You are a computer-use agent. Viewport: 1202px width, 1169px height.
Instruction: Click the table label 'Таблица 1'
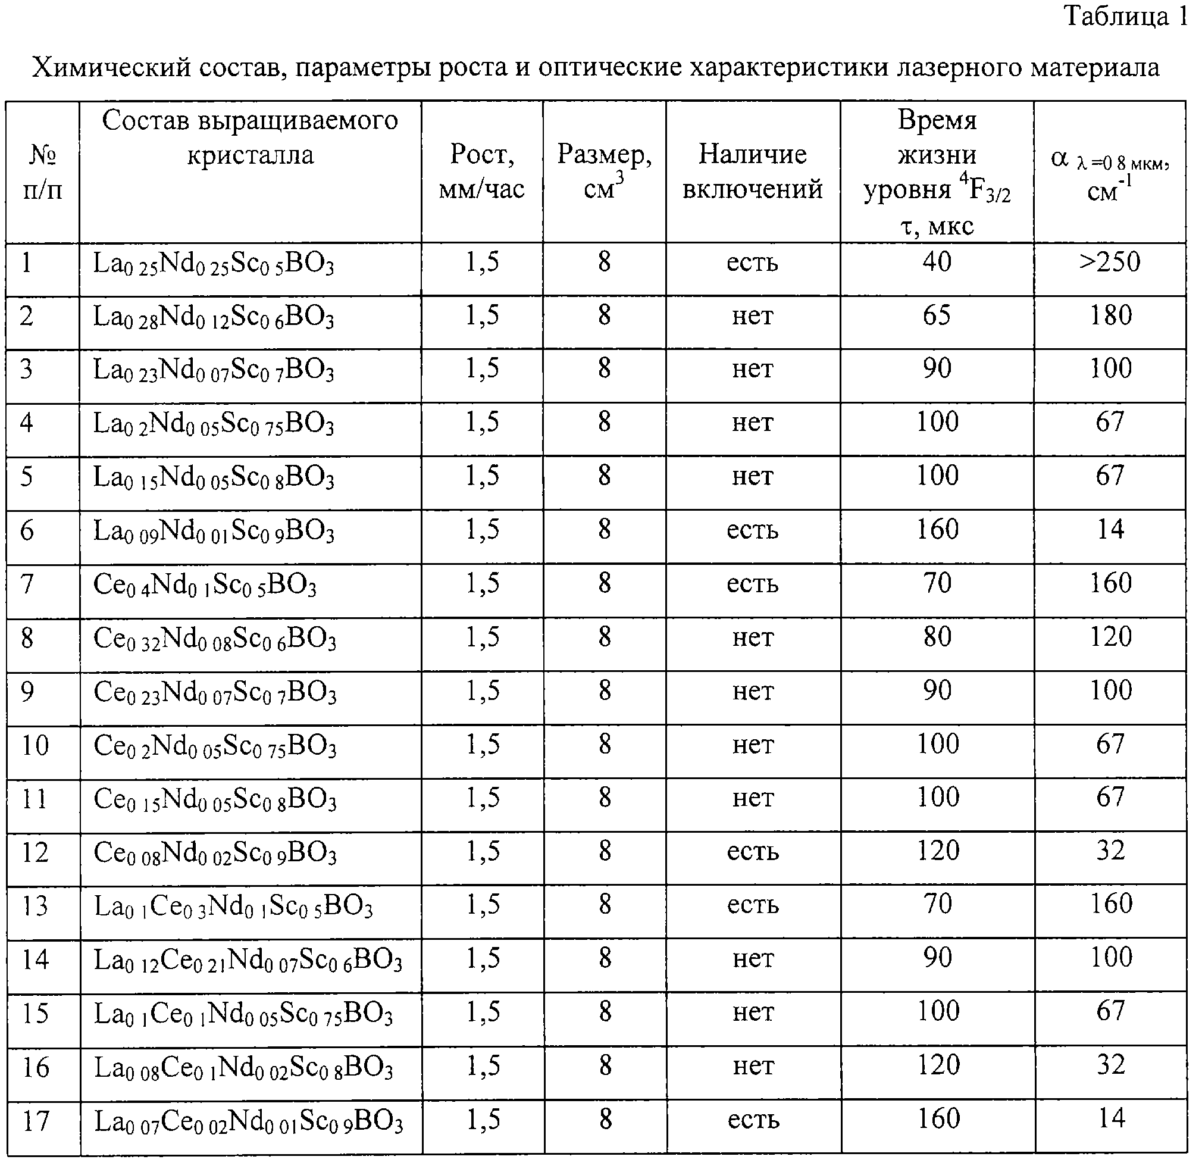(x=1126, y=16)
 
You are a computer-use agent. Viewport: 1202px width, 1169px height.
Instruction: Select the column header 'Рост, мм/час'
(x=481, y=171)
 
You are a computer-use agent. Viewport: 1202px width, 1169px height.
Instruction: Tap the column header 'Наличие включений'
(x=752, y=171)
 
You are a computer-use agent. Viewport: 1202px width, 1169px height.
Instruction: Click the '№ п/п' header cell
(x=42, y=173)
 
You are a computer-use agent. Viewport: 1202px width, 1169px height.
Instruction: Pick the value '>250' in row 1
(x=1109, y=262)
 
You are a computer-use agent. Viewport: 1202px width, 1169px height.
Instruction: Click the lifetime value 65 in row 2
(x=936, y=315)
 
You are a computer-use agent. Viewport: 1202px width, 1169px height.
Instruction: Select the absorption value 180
(x=1110, y=315)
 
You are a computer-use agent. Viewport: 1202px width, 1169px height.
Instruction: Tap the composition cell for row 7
(x=205, y=585)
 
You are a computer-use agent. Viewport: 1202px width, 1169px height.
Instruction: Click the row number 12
(x=35, y=853)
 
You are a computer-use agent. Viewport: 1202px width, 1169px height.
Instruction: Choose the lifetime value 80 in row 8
(x=937, y=638)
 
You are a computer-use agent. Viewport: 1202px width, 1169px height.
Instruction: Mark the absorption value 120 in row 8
(x=1110, y=638)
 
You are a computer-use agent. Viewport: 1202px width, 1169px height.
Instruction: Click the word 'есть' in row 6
(x=752, y=530)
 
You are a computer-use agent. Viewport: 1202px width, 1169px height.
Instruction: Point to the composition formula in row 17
(x=248, y=1122)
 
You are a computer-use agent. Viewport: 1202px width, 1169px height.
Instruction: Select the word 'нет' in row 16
(x=753, y=1068)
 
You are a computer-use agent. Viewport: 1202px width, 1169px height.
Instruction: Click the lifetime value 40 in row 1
(x=936, y=262)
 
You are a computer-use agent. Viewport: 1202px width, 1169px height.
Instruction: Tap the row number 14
(x=35, y=960)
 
